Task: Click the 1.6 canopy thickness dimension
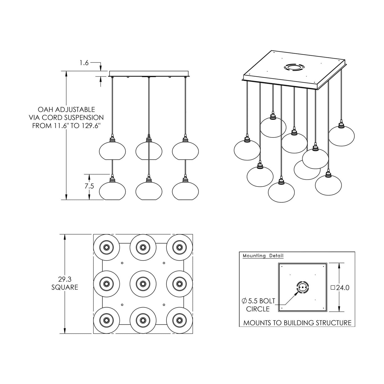[x=84, y=63]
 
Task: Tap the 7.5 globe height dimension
[x=89, y=186]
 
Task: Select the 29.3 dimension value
[x=65, y=279]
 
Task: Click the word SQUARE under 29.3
[x=65, y=287]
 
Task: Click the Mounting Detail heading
[x=263, y=256]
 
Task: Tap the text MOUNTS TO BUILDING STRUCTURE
[x=297, y=323]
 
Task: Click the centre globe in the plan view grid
[x=143, y=284]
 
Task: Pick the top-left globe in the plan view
[x=106, y=247]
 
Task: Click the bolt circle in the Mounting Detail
[x=302, y=288]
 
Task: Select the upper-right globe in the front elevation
[x=185, y=150]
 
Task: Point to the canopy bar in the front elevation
[x=149, y=73]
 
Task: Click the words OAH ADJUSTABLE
[x=66, y=109]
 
